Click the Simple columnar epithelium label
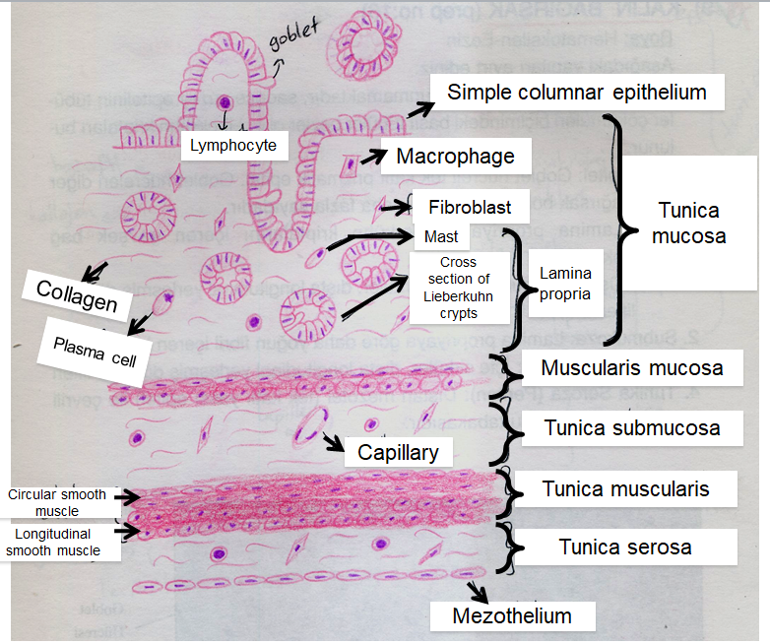[x=577, y=93]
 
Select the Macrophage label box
[x=455, y=156]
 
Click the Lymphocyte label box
[x=234, y=147]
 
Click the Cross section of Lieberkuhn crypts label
[x=459, y=289]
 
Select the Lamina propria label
[x=565, y=288]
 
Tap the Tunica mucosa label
[x=691, y=224]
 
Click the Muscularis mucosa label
[x=631, y=368]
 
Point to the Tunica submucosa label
[x=631, y=428]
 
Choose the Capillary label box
[x=399, y=452]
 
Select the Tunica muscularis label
[x=625, y=487]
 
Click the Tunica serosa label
[x=625, y=547]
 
